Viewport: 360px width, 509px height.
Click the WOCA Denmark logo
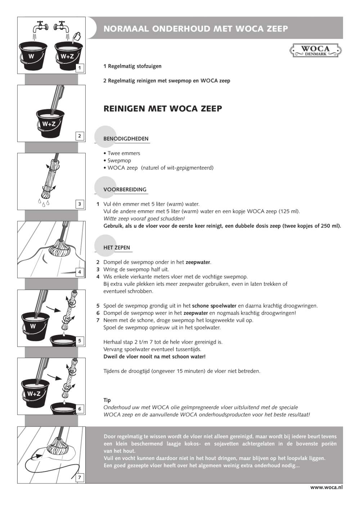[x=315, y=50]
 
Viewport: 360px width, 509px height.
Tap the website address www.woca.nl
[x=326, y=487]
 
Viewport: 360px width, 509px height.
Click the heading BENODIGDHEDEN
[x=126, y=139]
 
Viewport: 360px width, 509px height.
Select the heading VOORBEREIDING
[x=125, y=189]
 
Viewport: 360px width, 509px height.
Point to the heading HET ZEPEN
[x=117, y=247]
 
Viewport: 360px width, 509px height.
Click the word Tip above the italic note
[x=107, y=400]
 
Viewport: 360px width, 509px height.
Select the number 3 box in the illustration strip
[x=80, y=204]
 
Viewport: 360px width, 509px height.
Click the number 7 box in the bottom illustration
[x=80, y=478]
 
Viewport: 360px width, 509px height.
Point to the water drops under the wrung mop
[x=43, y=203]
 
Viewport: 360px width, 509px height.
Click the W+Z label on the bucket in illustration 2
[x=49, y=124]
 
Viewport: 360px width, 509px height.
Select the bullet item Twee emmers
[x=123, y=153]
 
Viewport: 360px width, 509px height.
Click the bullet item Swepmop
[x=119, y=160]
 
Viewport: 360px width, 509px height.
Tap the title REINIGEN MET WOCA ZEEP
[x=163, y=108]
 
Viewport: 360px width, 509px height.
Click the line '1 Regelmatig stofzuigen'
[x=132, y=66]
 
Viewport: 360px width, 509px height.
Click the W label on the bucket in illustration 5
[x=33, y=326]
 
